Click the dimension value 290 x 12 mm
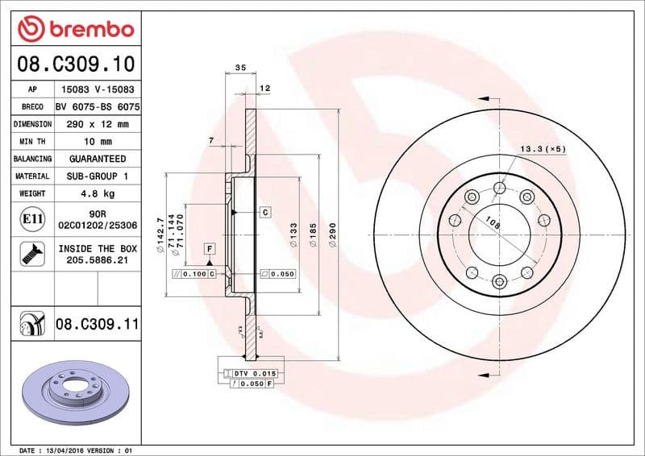[97, 124]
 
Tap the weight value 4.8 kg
[97, 193]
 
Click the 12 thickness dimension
[264, 88]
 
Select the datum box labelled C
[264, 212]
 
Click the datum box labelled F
[209, 248]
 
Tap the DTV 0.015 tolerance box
[253, 374]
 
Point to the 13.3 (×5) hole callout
[542, 149]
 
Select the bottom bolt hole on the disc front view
[499, 281]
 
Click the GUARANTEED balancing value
[97, 159]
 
